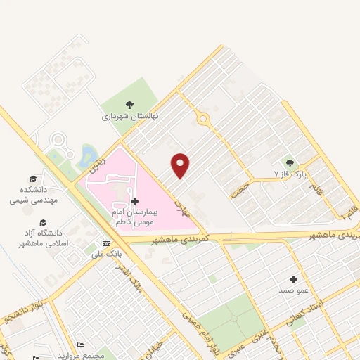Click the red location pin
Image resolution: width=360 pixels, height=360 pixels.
point(181,165)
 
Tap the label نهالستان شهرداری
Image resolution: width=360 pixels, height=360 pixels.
point(130,115)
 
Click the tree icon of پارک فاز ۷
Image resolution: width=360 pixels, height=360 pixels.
point(290,162)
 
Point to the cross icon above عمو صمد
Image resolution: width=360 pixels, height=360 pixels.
point(293,279)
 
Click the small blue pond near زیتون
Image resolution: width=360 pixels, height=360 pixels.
point(89,155)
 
